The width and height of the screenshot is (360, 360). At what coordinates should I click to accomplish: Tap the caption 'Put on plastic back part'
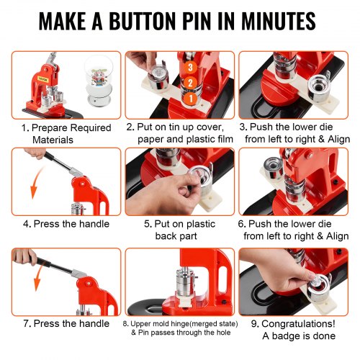(x=180, y=230)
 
